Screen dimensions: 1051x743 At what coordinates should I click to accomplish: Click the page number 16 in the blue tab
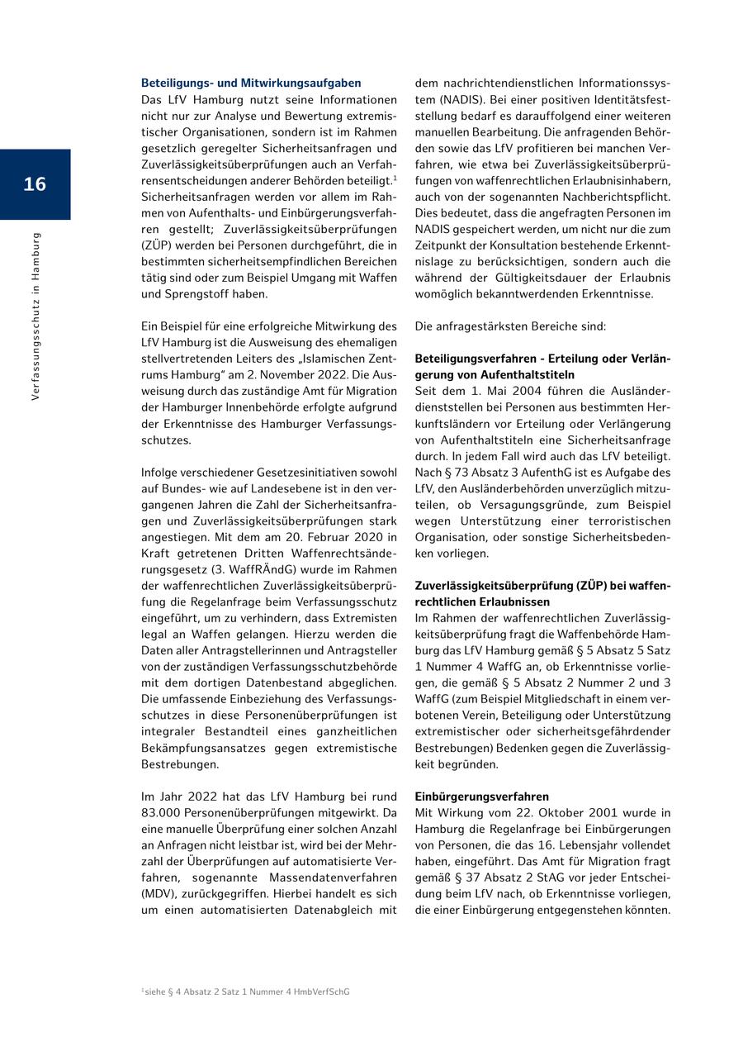tap(35, 184)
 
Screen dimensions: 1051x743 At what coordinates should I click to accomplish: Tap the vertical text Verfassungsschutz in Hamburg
tap(35, 316)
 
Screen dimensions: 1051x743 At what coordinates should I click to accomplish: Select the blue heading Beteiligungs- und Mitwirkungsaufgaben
tap(251, 83)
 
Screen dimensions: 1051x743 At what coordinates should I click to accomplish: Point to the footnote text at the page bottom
tap(245, 992)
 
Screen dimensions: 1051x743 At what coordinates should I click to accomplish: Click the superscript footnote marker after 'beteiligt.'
tap(395, 178)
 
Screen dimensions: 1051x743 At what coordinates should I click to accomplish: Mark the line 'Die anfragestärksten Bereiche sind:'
tap(510, 326)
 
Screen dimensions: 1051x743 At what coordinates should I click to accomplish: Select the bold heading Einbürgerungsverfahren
tap(481, 797)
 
